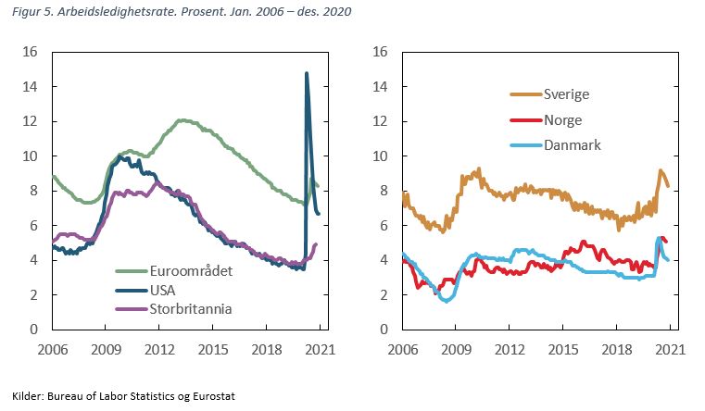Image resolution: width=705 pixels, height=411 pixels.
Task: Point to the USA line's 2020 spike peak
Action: tap(306, 73)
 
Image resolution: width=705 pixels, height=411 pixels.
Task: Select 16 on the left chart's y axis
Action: tap(31, 52)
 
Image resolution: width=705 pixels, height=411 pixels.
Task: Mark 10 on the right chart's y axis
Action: tap(380, 156)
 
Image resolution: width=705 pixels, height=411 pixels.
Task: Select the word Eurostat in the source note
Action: tap(211, 395)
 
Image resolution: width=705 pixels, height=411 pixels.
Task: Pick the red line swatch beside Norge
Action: tap(524, 120)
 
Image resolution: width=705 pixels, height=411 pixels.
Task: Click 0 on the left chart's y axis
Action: tap(34, 330)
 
